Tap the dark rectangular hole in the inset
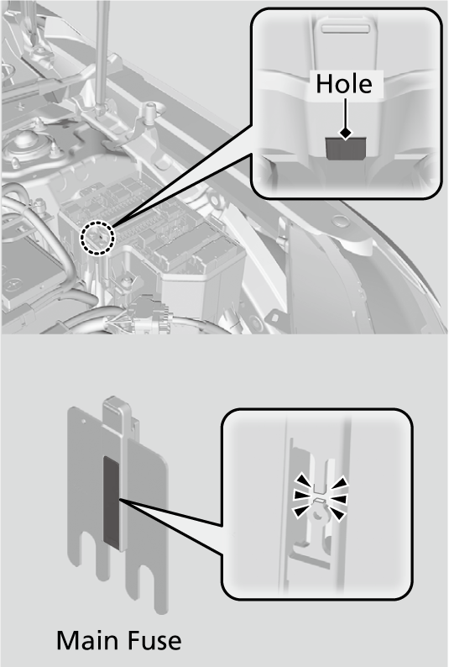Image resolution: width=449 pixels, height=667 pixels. [x=344, y=149]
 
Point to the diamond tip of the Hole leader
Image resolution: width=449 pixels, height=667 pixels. [x=344, y=133]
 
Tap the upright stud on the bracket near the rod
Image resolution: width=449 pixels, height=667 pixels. [x=152, y=113]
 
